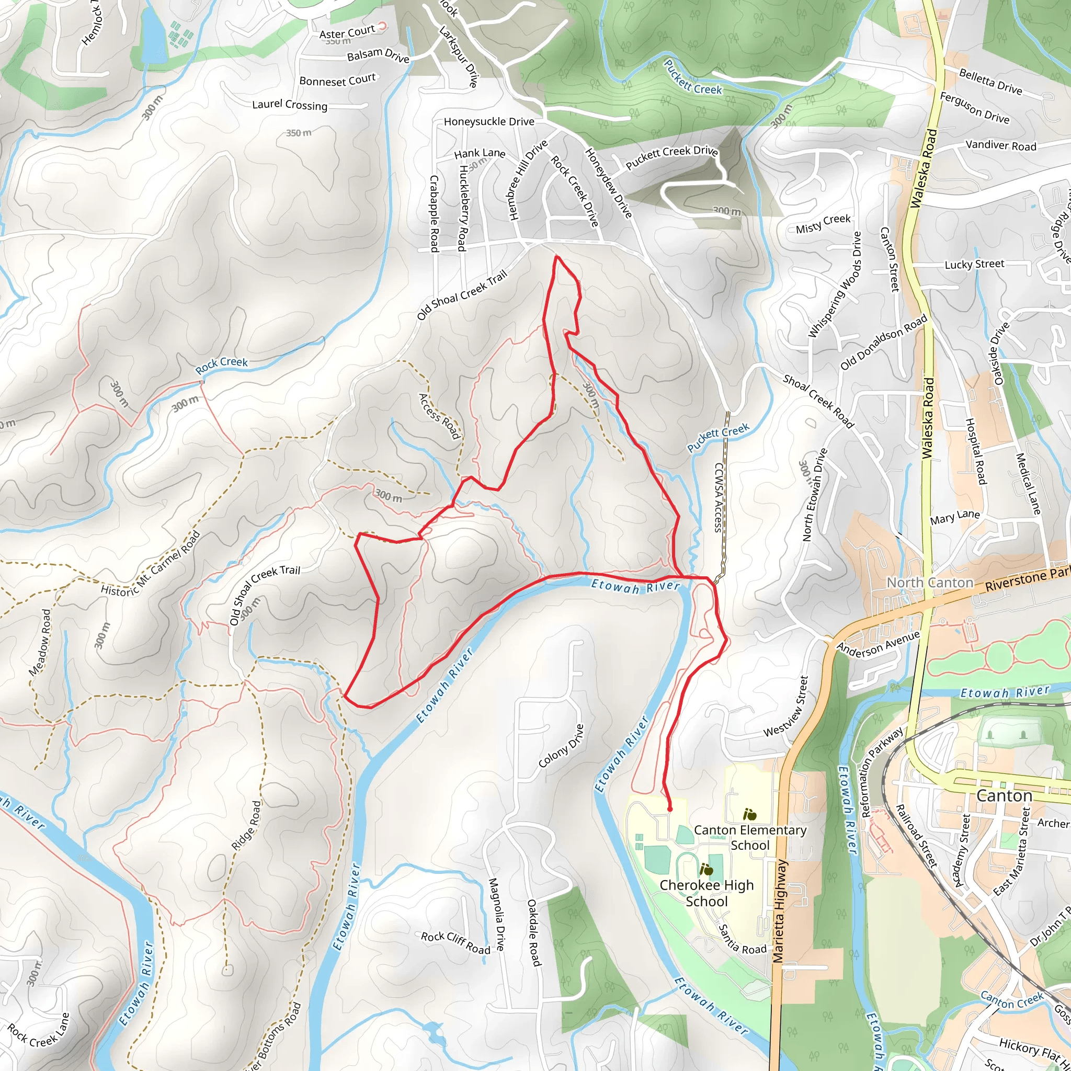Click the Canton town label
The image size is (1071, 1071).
1004,796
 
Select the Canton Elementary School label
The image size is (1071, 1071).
750,838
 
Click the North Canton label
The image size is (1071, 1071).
930,583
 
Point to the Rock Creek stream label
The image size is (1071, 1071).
221,365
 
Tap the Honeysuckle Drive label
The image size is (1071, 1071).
489,121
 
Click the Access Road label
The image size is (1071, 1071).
439,416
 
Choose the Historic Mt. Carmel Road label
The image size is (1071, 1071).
150,564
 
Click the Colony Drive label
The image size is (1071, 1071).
561,746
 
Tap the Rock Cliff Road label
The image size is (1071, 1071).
455,943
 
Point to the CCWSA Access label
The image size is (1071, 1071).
719,497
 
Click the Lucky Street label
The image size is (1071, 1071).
974,265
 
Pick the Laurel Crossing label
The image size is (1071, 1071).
289,105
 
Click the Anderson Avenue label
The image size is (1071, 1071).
878,644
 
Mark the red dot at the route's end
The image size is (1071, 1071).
670,809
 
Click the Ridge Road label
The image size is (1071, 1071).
246,825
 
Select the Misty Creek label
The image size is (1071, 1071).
823,224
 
